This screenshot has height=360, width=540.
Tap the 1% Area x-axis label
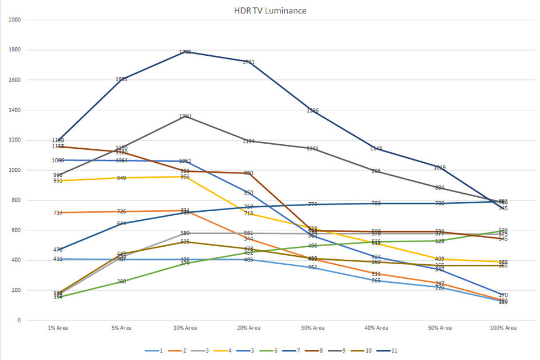tap(58, 328)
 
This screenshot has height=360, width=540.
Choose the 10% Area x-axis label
tap(185, 328)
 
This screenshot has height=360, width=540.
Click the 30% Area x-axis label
tap(313, 328)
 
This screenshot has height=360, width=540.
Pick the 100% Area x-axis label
tap(503, 328)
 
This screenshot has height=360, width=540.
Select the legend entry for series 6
tap(275, 351)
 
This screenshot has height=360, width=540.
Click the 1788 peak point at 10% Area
tap(185, 52)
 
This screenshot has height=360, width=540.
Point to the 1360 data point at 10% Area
tap(185, 116)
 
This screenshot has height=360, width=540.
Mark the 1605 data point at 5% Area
tap(122, 79)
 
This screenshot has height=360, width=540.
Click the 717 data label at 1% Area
tap(58, 212)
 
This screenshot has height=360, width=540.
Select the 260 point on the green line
tap(122, 281)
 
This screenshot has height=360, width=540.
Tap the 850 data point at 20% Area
tap(249, 193)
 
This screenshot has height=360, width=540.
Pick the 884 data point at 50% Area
tap(440, 188)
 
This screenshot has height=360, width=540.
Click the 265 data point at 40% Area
tap(376, 281)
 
